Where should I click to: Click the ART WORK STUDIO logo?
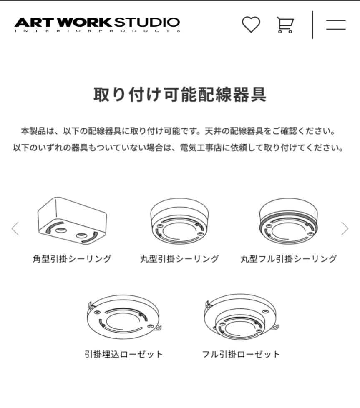pos(97,23)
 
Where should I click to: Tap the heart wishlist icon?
pos(251,25)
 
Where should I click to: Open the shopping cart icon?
pos(285,25)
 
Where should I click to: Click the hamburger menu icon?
pos(336,25)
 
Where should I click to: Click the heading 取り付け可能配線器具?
pos(180,95)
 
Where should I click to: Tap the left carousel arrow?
pos(15,228)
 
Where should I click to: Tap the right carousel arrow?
pos(345,228)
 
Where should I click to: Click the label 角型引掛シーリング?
pos(72,259)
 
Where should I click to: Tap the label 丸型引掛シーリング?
pos(179,259)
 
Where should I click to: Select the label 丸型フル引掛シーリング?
pos(288,259)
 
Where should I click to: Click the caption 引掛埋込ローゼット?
pos(123,355)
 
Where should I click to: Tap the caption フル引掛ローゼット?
pos(241,355)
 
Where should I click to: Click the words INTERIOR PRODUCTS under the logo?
pos(97,31)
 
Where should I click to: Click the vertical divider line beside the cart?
pos(312,25)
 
